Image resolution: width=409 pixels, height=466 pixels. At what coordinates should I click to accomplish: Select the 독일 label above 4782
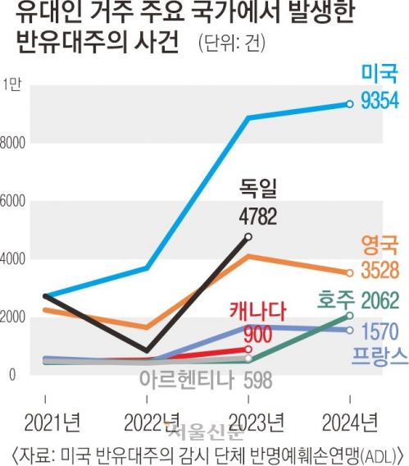click(x=258, y=190)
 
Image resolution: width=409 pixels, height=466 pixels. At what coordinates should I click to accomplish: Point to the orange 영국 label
click(x=379, y=244)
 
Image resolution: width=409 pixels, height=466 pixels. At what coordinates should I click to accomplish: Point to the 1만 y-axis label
click(x=13, y=84)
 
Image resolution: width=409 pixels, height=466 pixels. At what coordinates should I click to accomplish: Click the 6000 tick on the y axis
click(x=15, y=201)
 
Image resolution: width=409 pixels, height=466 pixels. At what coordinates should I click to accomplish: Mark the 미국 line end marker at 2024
click(x=350, y=103)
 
